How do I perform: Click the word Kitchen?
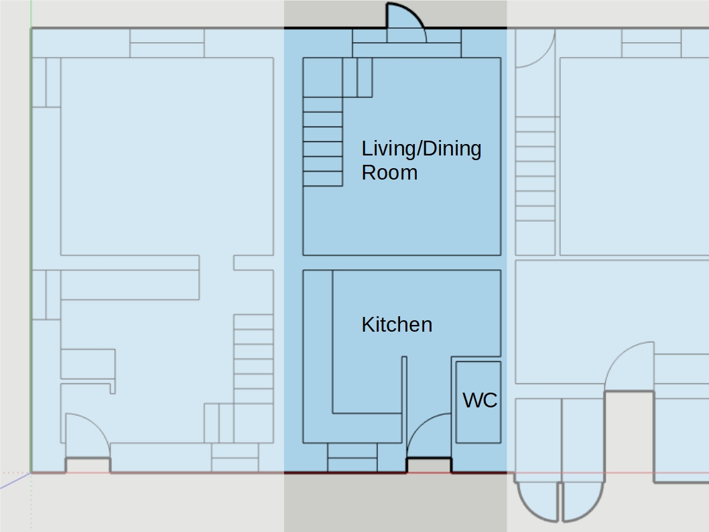click(397, 324)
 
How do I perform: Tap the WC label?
click(480, 400)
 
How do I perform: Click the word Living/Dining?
click(422, 149)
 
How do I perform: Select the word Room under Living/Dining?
click(389, 173)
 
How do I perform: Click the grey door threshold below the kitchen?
click(429, 466)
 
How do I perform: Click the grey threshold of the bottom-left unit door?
click(88, 466)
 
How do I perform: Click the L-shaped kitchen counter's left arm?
click(318, 356)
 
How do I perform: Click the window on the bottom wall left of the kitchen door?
click(352, 458)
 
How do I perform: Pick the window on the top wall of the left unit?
click(167, 44)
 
